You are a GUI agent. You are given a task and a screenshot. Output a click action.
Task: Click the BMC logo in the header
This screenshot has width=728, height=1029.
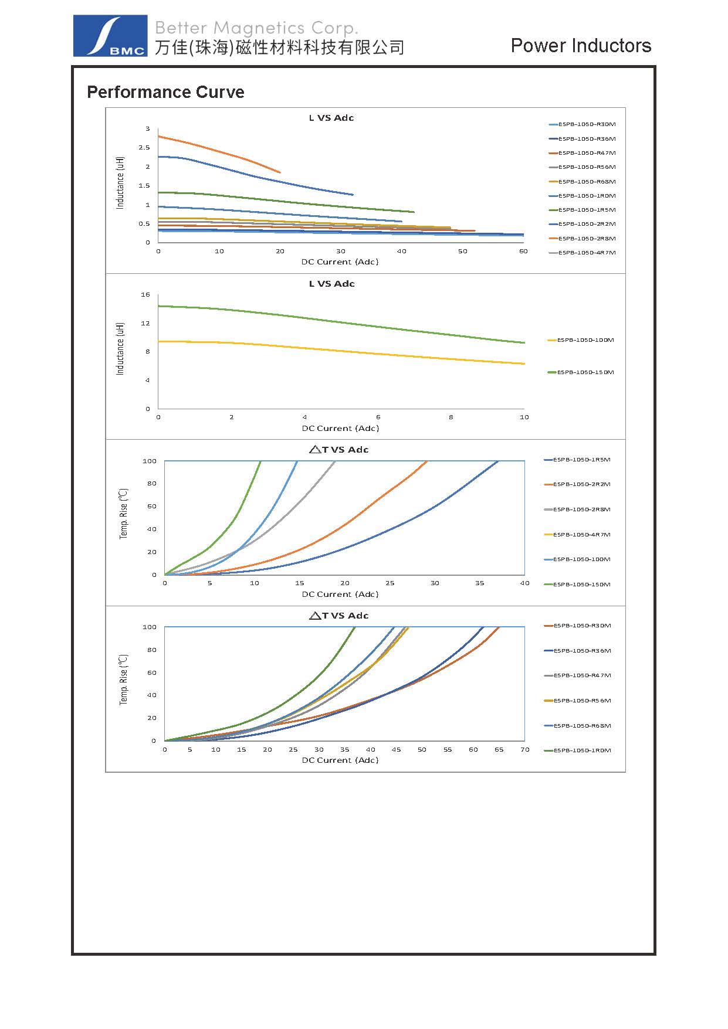pyautogui.click(x=110, y=36)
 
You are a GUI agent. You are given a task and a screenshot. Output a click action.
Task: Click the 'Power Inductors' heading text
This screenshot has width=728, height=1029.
pyautogui.click(x=581, y=46)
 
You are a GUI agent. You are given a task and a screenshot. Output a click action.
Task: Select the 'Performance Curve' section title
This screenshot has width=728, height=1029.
pyautogui.click(x=165, y=92)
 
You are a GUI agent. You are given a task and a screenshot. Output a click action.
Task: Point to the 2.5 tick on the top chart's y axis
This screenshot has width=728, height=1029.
pyautogui.click(x=144, y=148)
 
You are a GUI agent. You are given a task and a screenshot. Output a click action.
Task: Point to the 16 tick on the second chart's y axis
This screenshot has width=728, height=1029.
pyautogui.click(x=145, y=295)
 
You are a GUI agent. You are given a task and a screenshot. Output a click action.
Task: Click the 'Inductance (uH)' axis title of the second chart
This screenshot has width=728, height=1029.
pyautogui.click(x=120, y=349)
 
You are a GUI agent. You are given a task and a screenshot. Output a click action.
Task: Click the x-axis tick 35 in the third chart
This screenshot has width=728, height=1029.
pyautogui.click(x=480, y=583)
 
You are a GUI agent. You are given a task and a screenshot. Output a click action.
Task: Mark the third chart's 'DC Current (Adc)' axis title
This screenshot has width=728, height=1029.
pyautogui.click(x=340, y=595)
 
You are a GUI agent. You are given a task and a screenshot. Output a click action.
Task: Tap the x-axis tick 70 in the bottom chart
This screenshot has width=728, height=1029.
pyautogui.click(x=524, y=750)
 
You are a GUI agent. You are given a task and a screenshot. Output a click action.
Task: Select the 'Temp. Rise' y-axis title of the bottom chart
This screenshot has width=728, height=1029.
pyautogui.click(x=124, y=680)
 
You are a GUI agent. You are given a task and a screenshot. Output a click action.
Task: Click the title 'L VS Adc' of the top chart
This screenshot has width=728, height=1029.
pyautogui.click(x=331, y=118)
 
